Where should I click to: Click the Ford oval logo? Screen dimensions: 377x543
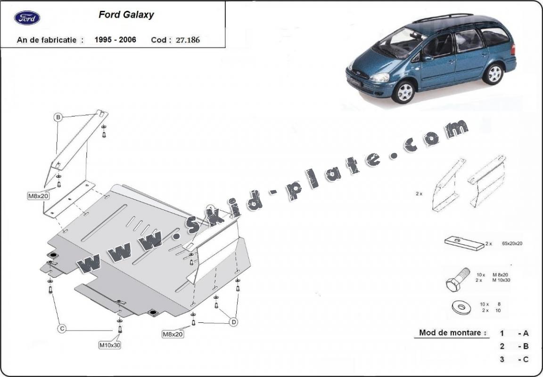[x=27, y=18]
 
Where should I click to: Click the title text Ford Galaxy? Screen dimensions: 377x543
[x=126, y=15]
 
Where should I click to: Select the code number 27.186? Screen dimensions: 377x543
[x=188, y=40]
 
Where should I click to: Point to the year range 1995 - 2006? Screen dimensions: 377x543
[x=115, y=40]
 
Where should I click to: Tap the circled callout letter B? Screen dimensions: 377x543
[x=58, y=117]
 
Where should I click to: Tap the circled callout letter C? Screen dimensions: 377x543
[x=61, y=329]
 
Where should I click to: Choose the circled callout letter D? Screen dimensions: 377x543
[x=233, y=322]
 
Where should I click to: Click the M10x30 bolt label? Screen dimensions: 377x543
[x=109, y=345]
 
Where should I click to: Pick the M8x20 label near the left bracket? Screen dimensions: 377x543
[x=38, y=196]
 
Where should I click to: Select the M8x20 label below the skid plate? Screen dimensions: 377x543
[x=173, y=334]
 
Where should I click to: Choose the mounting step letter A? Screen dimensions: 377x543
[x=526, y=333]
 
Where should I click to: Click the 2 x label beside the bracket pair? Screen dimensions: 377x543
[x=420, y=193]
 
